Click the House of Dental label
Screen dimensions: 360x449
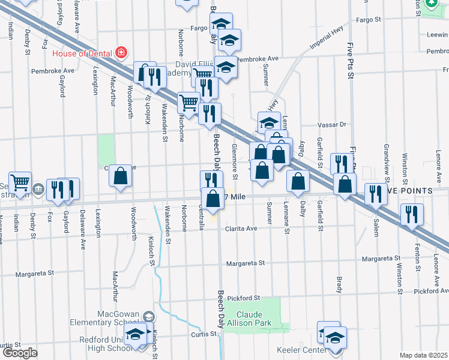tap(82, 53)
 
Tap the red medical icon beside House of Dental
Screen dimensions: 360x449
tap(121, 53)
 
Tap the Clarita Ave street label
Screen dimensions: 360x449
tap(241, 229)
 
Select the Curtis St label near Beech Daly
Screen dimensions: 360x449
tap(203, 334)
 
